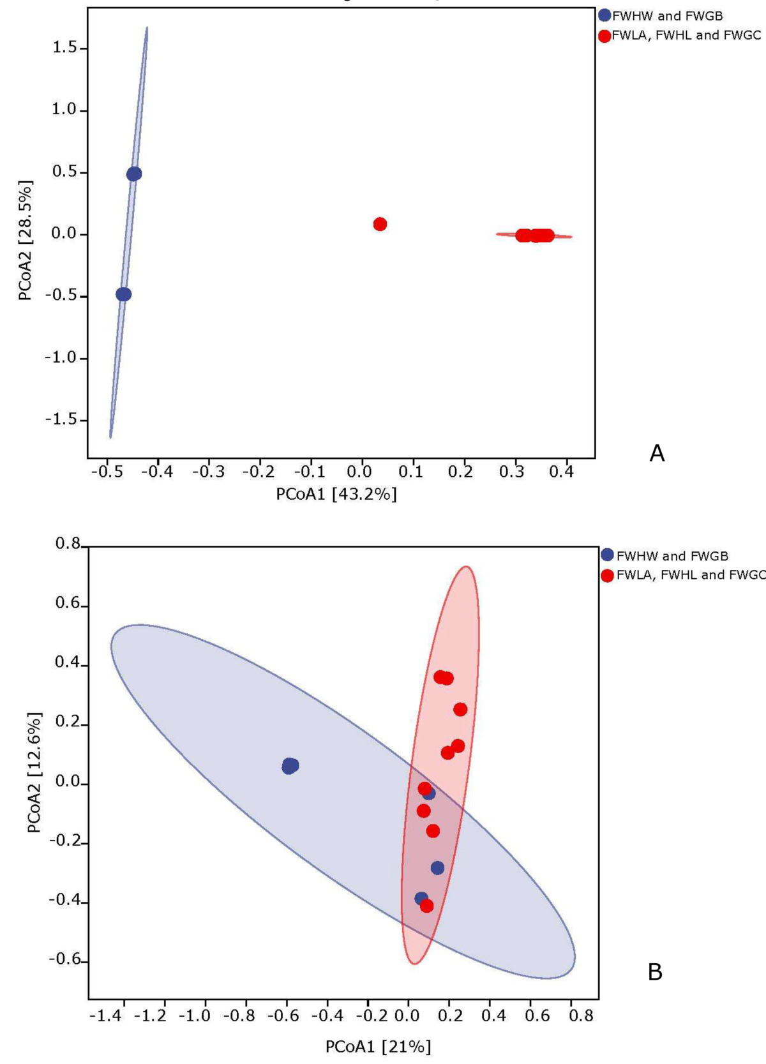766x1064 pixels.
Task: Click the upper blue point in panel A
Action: [x=133, y=174]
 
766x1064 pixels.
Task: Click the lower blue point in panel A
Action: [x=123, y=294]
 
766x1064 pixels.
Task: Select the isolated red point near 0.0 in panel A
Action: [x=380, y=224]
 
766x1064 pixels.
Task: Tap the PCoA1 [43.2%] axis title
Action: [x=336, y=494]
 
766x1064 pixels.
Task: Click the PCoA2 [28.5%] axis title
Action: [x=25, y=240]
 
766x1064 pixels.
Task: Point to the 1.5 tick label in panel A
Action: [x=64, y=49]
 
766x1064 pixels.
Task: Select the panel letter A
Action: [x=657, y=454]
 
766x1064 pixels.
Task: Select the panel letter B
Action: [x=655, y=972]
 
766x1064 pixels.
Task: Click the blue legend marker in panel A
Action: [x=605, y=15]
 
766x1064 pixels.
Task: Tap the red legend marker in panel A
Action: [x=605, y=36]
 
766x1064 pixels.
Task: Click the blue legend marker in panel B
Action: [x=607, y=555]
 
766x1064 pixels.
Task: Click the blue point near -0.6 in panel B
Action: [x=290, y=765]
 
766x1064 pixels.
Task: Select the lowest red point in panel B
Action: [x=427, y=906]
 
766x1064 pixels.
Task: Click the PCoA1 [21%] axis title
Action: [x=379, y=1047]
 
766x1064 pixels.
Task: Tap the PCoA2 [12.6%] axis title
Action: [x=34, y=772]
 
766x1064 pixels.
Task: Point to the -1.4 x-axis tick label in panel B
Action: [x=105, y=1015]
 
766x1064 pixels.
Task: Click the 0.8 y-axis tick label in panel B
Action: [x=68, y=544]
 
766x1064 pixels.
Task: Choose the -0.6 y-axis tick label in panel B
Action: [x=66, y=960]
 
